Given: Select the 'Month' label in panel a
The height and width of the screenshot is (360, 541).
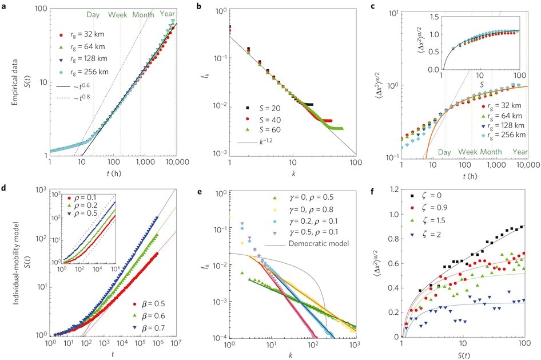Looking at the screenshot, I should (x=144, y=15).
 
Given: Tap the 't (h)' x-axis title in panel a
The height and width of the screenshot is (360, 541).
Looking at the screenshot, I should (x=114, y=177).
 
